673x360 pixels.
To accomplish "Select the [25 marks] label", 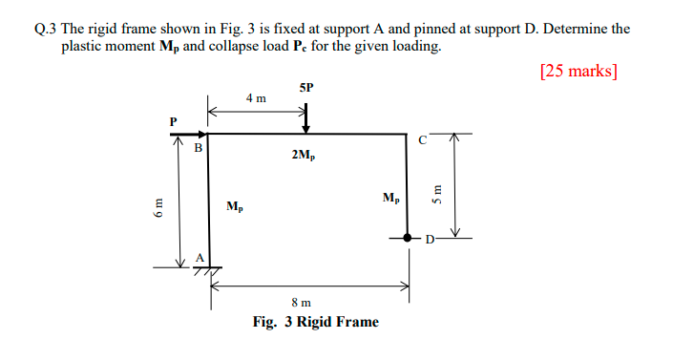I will (x=578, y=71).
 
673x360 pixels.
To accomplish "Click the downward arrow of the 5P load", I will (x=305, y=118).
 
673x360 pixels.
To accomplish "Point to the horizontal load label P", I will (x=173, y=121).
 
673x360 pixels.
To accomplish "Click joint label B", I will (x=199, y=148).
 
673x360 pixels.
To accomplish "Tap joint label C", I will (x=422, y=139).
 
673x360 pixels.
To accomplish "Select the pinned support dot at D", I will (x=409, y=237).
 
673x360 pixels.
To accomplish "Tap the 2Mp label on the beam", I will (x=306, y=154).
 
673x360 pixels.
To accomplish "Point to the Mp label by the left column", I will (x=235, y=205).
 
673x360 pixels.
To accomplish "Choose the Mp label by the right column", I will (x=391, y=198).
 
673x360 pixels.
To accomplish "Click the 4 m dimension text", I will (x=256, y=98).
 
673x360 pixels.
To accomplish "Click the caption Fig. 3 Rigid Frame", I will (x=315, y=322).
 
